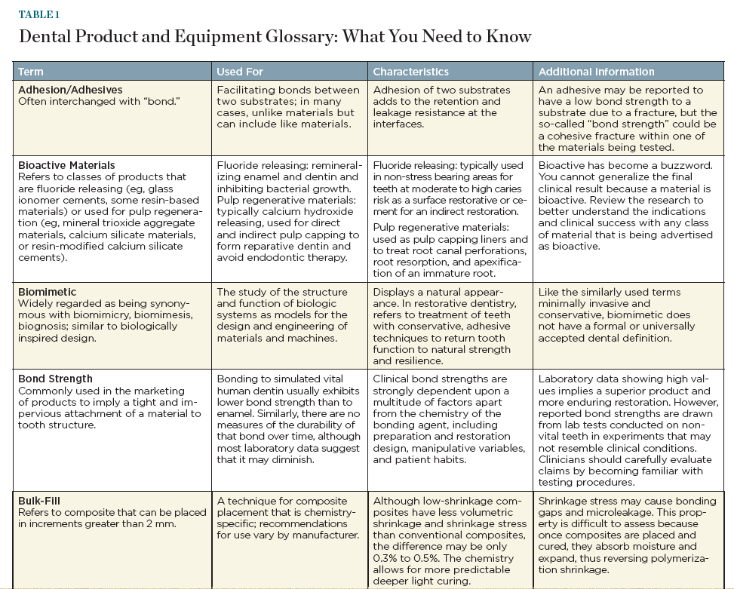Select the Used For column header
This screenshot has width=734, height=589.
[x=240, y=72]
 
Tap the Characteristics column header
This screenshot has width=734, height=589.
[x=411, y=72]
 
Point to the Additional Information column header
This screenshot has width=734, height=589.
[x=595, y=72]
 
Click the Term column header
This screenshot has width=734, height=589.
[x=31, y=72]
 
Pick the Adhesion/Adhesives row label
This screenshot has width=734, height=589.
[x=70, y=90]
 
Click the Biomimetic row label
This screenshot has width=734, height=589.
[x=48, y=292]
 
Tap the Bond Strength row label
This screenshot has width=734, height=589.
[x=55, y=379]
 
